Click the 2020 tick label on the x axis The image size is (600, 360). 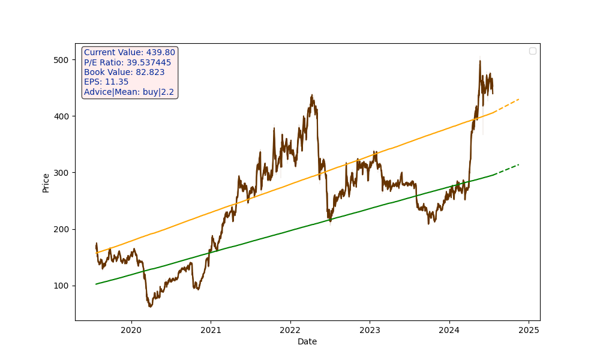(x=131, y=329)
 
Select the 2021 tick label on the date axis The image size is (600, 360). (x=211, y=329)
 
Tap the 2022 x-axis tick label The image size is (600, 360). (x=290, y=329)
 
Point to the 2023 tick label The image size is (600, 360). (x=370, y=329)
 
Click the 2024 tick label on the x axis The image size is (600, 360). (x=449, y=329)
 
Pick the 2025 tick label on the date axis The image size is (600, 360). (x=529, y=329)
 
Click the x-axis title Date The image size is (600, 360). (x=307, y=341)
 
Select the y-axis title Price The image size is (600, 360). (x=46, y=183)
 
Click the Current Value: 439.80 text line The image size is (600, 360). (x=130, y=53)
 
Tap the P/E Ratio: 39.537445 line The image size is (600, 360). (x=127, y=62)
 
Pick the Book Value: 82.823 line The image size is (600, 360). (x=124, y=72)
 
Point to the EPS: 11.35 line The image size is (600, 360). (x=106, y=82)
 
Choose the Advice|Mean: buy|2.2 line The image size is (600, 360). (x=129, y=92)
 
